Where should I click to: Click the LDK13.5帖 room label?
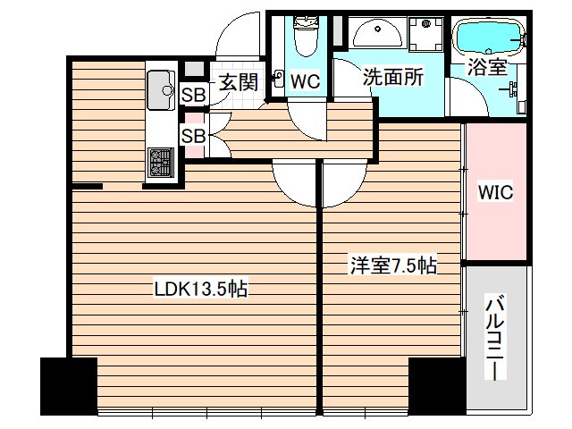point(201,289)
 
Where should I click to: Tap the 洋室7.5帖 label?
point(393,265)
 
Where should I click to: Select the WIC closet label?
point(495,192)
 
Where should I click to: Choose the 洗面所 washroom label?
point(393,77)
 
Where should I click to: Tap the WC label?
point(305,81)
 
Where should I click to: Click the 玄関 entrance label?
point(239,82)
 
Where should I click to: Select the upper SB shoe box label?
point(194,96)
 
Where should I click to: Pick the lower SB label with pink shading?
point(194,136)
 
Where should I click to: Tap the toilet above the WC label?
point(306,36)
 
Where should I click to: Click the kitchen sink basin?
point(161,89)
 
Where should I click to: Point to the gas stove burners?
point(161,163)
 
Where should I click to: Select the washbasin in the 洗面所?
point(377,32)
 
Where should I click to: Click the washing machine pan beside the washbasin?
point(425,34)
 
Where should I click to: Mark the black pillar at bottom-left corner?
point(69,386)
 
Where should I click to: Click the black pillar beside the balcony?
point(437,386)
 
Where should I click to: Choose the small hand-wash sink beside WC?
point(279,79)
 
